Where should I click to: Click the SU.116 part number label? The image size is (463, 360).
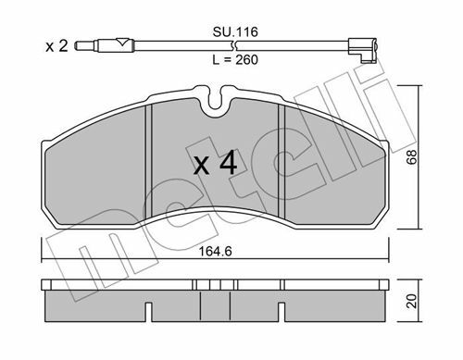pos(235,32)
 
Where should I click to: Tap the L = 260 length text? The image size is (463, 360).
pos(235,59)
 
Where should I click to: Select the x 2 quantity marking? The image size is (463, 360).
pos(56,46)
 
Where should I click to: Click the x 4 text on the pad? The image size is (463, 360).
pos(216,163)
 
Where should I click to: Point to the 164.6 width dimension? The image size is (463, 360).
pos(215,252)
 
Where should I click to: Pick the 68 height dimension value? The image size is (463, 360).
pos(412,157)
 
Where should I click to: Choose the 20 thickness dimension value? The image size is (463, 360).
pos(412,301)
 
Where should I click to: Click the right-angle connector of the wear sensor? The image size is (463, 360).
pos(362,50)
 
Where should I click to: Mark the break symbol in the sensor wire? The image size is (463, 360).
pos(235,46)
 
